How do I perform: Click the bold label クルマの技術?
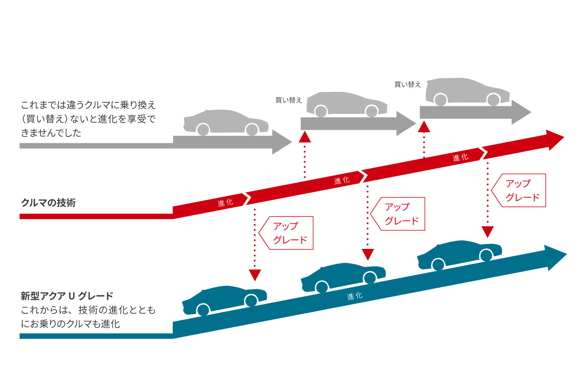(48, 203)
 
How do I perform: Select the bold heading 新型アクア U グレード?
(67, 296)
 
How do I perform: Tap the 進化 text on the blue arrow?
(354, 296)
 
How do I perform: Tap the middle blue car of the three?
(343, 277)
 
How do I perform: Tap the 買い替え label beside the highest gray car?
(408, 84)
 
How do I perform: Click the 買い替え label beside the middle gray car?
(288, 101)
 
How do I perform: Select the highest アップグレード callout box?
(519, 191)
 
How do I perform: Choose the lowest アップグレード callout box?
(287, 233)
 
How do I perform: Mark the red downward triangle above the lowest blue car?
(255, 275)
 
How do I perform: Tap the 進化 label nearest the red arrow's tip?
(460, 158)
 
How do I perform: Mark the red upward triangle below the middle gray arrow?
(305, 137)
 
